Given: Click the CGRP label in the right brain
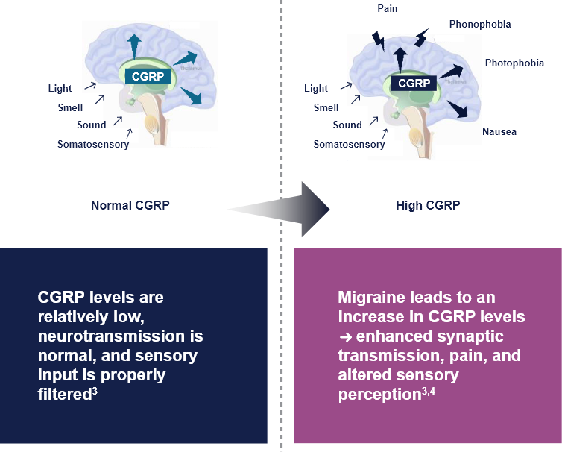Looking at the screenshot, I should click(x=414, y=84).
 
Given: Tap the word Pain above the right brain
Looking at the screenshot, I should click(x=388, y=8).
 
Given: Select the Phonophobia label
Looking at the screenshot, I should click(x=479, y=25).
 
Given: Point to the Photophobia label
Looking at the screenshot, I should click(x=514, y=63).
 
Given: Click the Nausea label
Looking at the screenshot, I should click(x=499, y=132).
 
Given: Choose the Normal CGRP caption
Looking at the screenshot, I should click(x=130, y=205).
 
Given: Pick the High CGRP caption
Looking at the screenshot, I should click(x=428, y=205).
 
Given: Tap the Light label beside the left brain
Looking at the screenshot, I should click(x=60, y=88).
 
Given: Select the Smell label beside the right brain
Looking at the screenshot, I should click(x=326, y=107).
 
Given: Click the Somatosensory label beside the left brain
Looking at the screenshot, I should click(x=93, y=144).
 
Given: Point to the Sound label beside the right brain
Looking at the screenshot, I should click(x=347, y=125).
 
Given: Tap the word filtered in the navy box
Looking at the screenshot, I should click(x=64, y=394).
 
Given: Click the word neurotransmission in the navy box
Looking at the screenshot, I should click(x=120, y=336).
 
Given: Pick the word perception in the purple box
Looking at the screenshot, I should click(x=379, y=394).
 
